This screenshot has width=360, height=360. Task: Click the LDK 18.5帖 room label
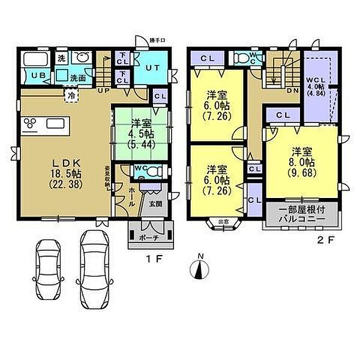pyautogui.click(x=62, y=173)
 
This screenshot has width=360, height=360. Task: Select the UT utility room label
pyautogui.click(x=151, y=68)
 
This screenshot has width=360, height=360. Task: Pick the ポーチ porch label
pyautogui.click(x=150, y=238)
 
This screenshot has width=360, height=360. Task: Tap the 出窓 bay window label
pyautogui.click(x=223, y=221)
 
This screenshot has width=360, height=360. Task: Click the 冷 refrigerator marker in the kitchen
pyautogui.click(x=72, y=94)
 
